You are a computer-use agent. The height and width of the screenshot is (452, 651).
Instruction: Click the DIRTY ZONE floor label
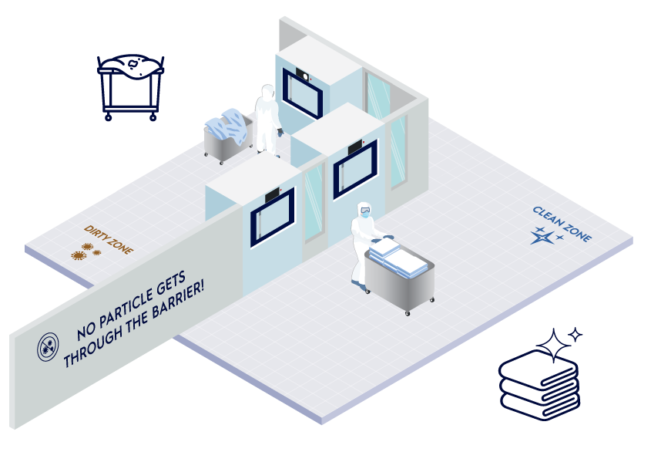[108, 239]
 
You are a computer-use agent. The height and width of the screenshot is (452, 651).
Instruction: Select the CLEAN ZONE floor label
[562, 224]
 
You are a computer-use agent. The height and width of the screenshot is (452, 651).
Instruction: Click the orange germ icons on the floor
[86, 251]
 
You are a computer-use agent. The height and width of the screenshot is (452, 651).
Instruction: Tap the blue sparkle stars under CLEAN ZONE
[545, 235]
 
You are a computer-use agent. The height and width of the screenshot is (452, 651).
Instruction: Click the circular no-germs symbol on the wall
[48, 347]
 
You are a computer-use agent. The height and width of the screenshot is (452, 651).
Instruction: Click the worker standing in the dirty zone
[267, 120]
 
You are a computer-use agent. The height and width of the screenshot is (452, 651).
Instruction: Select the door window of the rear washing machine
[302, 93]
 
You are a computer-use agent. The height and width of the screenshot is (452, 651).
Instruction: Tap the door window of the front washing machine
[271, 218]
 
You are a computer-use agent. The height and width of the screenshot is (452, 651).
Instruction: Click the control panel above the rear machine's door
[303, 75]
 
